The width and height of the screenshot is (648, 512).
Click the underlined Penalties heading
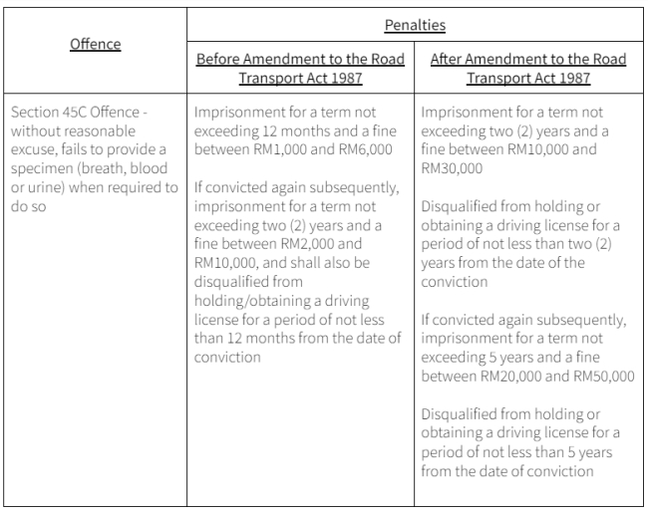[x=415, y=21]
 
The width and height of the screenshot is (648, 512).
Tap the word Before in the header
[x=219, y=60]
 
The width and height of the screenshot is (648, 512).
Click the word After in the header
[x=449, y=60]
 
